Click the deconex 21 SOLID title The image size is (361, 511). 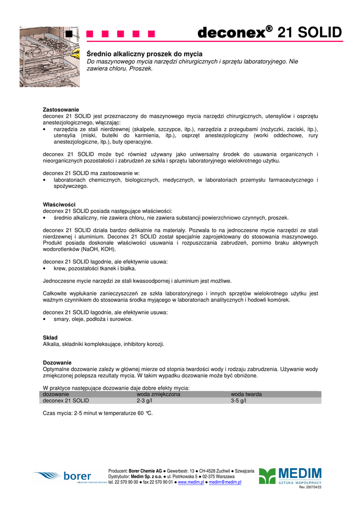[269, 33]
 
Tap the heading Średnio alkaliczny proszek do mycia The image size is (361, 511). [145, 54]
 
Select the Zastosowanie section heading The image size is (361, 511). [61, 109]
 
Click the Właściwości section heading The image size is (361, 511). [59, 205]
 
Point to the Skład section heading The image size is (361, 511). [50, 338]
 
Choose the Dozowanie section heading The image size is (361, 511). [57, 362]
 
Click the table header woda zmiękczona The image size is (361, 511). [159, 394]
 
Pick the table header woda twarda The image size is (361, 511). [246, 394]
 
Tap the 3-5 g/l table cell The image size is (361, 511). [238, 400]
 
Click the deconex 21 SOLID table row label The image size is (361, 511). [66, 400]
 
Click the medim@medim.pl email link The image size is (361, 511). [225, 483]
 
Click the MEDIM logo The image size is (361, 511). [290, 477]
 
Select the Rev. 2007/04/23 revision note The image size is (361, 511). [310, 488]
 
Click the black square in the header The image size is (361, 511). [69, 34]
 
